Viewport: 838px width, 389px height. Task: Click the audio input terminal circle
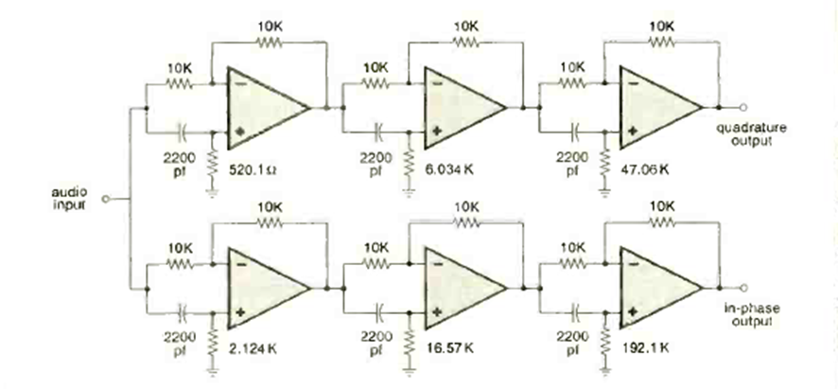(x=106, y=199)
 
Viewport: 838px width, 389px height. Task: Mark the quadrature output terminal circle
(x=744, y=107)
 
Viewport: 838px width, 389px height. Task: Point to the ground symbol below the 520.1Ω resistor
(x=213, y=187)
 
